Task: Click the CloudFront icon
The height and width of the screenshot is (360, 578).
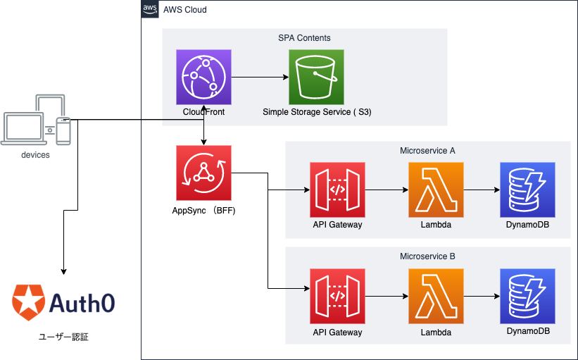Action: (x=204, y=77)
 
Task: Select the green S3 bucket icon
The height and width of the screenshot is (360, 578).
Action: (x=316, y=77)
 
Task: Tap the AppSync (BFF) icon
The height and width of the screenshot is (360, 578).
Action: (x=204, y=173)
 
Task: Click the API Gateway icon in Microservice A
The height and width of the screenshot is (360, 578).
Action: (x=337, y=190)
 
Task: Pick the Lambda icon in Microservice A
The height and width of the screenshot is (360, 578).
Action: (x=436, y=190)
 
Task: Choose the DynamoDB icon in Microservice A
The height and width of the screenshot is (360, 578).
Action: (x=527, y=190)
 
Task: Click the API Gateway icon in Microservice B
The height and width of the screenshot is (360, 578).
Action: (x=337, y=296)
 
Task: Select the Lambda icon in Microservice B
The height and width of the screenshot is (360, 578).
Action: (x=436, y=296)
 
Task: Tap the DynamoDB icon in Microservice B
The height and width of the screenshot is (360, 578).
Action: (x=527, y=296)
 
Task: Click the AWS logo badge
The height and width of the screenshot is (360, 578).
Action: (x=150, y=9)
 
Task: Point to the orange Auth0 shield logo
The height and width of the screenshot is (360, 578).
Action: (x=28, y=302)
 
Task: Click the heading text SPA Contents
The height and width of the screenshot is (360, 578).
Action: (x=304, y=38)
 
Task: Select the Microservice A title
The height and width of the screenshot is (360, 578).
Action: (x=427, y=151)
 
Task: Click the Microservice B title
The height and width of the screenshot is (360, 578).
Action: (x=427, y=256)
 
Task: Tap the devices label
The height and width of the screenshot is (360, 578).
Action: (x=35, y=155)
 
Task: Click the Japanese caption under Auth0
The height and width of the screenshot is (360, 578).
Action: (x=63, y=337)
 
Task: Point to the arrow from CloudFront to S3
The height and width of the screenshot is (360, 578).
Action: (x=260, y=77)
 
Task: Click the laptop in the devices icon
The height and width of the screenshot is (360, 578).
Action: (x=24, y=129)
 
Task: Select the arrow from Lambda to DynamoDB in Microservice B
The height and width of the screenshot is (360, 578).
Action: (x=482, y=296)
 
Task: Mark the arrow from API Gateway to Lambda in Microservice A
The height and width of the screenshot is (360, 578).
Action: (x=387, y=190)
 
